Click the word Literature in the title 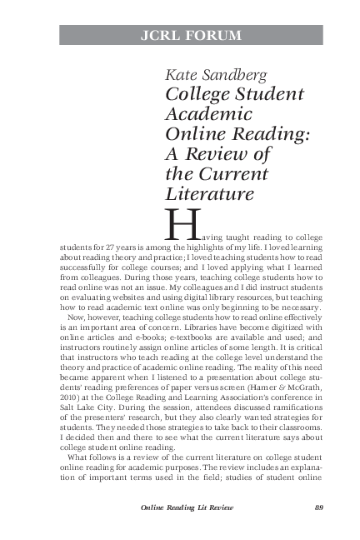pos(208,193)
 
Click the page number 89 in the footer pos(317,508)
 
